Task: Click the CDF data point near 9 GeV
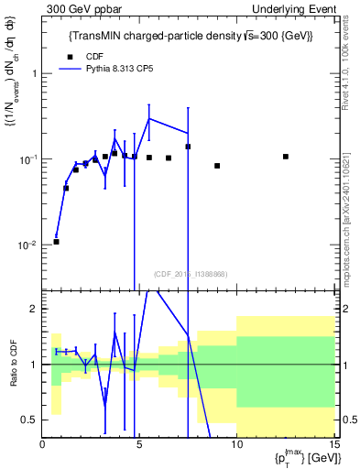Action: [217, 166]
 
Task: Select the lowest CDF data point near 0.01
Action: [56, 242]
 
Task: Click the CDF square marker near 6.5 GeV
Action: [169, 158]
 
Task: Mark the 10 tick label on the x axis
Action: [236, 445]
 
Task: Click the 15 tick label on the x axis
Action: [333, 445]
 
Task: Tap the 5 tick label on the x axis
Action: [139, 445]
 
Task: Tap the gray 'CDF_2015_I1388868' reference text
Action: [190, 274]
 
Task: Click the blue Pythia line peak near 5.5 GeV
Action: [149, 118]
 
